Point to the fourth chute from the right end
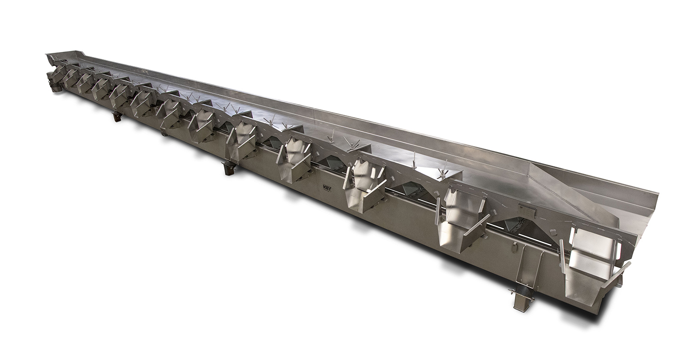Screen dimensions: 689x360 295,159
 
